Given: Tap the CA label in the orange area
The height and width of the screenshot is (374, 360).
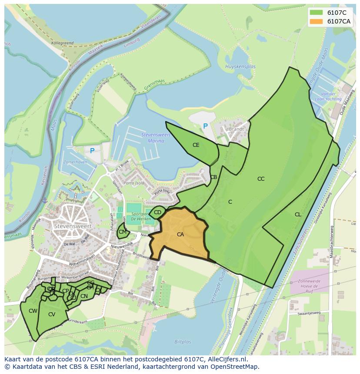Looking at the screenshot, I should point(180,235).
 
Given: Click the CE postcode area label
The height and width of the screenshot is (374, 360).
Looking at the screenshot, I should point(196,145).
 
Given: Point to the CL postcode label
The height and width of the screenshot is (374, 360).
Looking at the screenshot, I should point(298,215).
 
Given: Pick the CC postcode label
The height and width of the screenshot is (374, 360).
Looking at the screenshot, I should point(261,179).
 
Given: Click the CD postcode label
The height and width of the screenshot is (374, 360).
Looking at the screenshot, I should point(157,212).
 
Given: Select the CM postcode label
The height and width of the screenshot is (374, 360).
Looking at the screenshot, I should point(123,232).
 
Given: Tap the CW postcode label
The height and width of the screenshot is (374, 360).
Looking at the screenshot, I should point(33,311).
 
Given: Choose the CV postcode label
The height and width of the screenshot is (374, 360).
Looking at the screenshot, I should point(52,314).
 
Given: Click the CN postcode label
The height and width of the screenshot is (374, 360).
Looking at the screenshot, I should point(84,296).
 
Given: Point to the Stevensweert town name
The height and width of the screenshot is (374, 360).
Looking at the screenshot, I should point(72,226).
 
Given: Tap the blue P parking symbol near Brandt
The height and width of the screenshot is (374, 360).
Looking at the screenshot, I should point(205,126).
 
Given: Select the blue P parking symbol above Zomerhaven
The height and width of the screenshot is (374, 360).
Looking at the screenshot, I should point(92,151).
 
